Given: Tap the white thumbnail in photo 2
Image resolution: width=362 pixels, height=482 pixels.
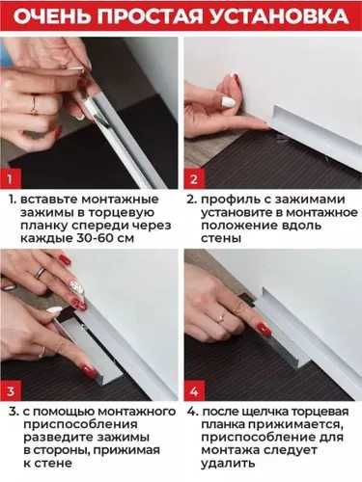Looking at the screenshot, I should [x=230, y=102].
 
